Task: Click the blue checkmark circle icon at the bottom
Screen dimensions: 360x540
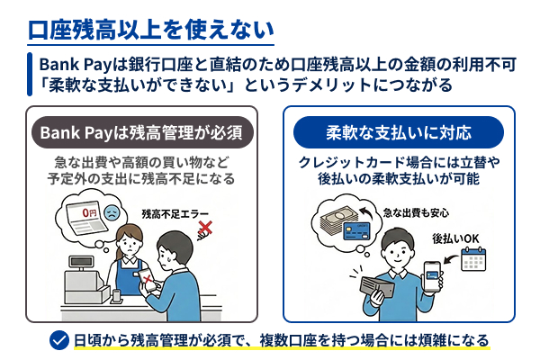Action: (x=59, y=340)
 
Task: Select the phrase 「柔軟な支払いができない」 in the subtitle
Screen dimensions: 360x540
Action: (x=133, y=85)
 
